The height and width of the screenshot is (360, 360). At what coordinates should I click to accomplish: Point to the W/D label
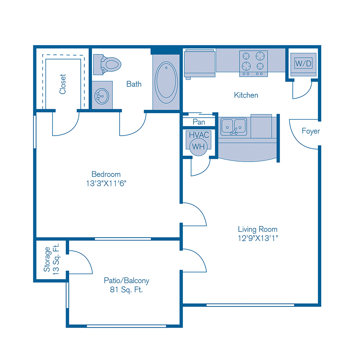tap(303, 63)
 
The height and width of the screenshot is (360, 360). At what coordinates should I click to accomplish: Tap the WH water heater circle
tap(198, 146)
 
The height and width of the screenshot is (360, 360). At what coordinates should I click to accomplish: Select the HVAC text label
tap(199, 135)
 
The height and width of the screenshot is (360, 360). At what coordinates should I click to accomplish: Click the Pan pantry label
tap(198, 122)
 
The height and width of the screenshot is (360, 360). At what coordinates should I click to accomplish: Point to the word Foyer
tap(310, 131)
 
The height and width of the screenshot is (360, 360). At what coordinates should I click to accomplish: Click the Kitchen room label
tap(246, 95)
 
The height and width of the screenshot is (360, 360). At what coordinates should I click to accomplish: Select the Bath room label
tap(134, 84)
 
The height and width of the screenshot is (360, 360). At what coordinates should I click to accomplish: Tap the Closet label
tap(63, 84)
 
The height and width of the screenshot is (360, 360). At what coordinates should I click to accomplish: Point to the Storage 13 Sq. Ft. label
tap(52, 259)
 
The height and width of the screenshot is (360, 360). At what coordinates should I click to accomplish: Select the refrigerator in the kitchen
tap(200, 63)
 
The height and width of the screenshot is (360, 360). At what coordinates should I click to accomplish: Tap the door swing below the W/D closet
tap(302, 90)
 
